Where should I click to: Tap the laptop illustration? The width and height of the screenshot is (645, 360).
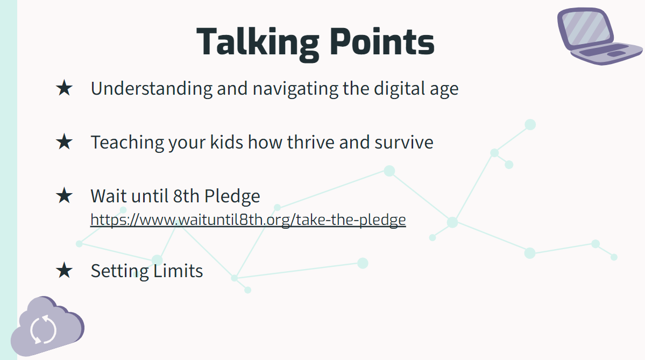[x=599, y=36]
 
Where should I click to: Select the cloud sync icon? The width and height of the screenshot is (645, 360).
[x=47, y=327]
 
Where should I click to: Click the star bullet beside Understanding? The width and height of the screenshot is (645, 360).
[x=64, y=88]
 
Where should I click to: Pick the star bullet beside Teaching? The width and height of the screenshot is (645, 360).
[x=64, y=142]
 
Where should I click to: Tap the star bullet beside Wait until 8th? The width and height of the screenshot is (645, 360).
[x=64, y=195]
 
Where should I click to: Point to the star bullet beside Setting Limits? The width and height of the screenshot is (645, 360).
[x=64, y=271]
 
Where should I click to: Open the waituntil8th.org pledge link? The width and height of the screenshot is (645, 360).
[x=248, y=220]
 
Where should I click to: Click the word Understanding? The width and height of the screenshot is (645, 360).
[x=151, y=88]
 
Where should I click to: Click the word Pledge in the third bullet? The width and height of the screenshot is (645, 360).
[x=232, y=196]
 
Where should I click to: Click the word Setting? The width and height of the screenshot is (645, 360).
[x=119, y=271]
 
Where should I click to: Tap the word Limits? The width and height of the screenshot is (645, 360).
[x=178, y=271]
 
